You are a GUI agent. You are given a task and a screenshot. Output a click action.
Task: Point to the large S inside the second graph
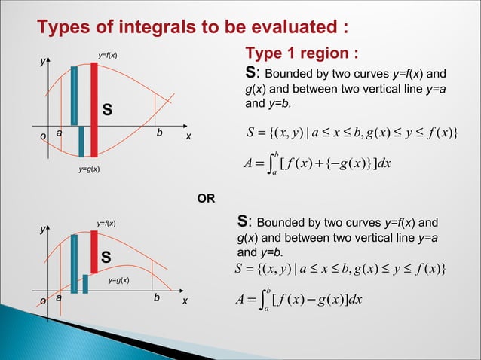(x=106, y=258)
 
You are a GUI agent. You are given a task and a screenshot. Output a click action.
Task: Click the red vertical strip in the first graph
(x=94, y=108)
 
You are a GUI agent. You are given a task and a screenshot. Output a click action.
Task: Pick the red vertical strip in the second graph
(x=94, y=252)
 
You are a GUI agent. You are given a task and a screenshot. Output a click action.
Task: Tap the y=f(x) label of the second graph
(x=106, y=224)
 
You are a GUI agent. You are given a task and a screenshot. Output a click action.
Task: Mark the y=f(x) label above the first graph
(x=108, y=56)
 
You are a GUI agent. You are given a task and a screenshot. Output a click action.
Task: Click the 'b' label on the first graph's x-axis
(x=159, y=133)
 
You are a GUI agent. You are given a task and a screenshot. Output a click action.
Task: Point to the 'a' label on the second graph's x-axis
(x=59, y=298)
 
